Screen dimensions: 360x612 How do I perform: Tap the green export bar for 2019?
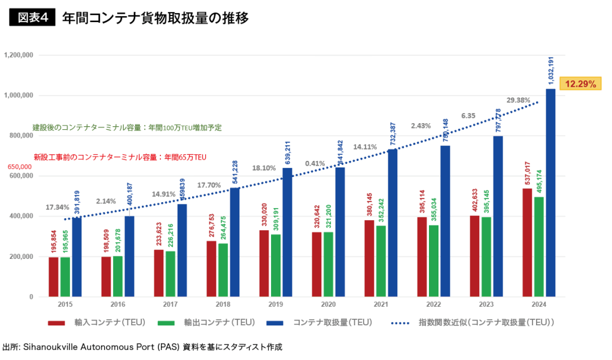pyautogui.click(x=276, y=266)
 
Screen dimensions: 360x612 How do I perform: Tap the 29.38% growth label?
pyautogui.click(x=518, y=100)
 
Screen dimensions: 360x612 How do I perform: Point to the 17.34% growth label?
pyautogui.click(x=57, y=207)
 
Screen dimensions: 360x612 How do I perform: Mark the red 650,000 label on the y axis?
pyautogui.click(x=20, y=167)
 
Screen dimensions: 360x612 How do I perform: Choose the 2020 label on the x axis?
pyautogui.click(x=328, y=304)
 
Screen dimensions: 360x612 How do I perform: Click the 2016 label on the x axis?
pyautogui.click(x=118, y=304)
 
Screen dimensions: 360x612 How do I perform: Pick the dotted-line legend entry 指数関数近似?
pyautogui.click(x=473, y=323)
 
